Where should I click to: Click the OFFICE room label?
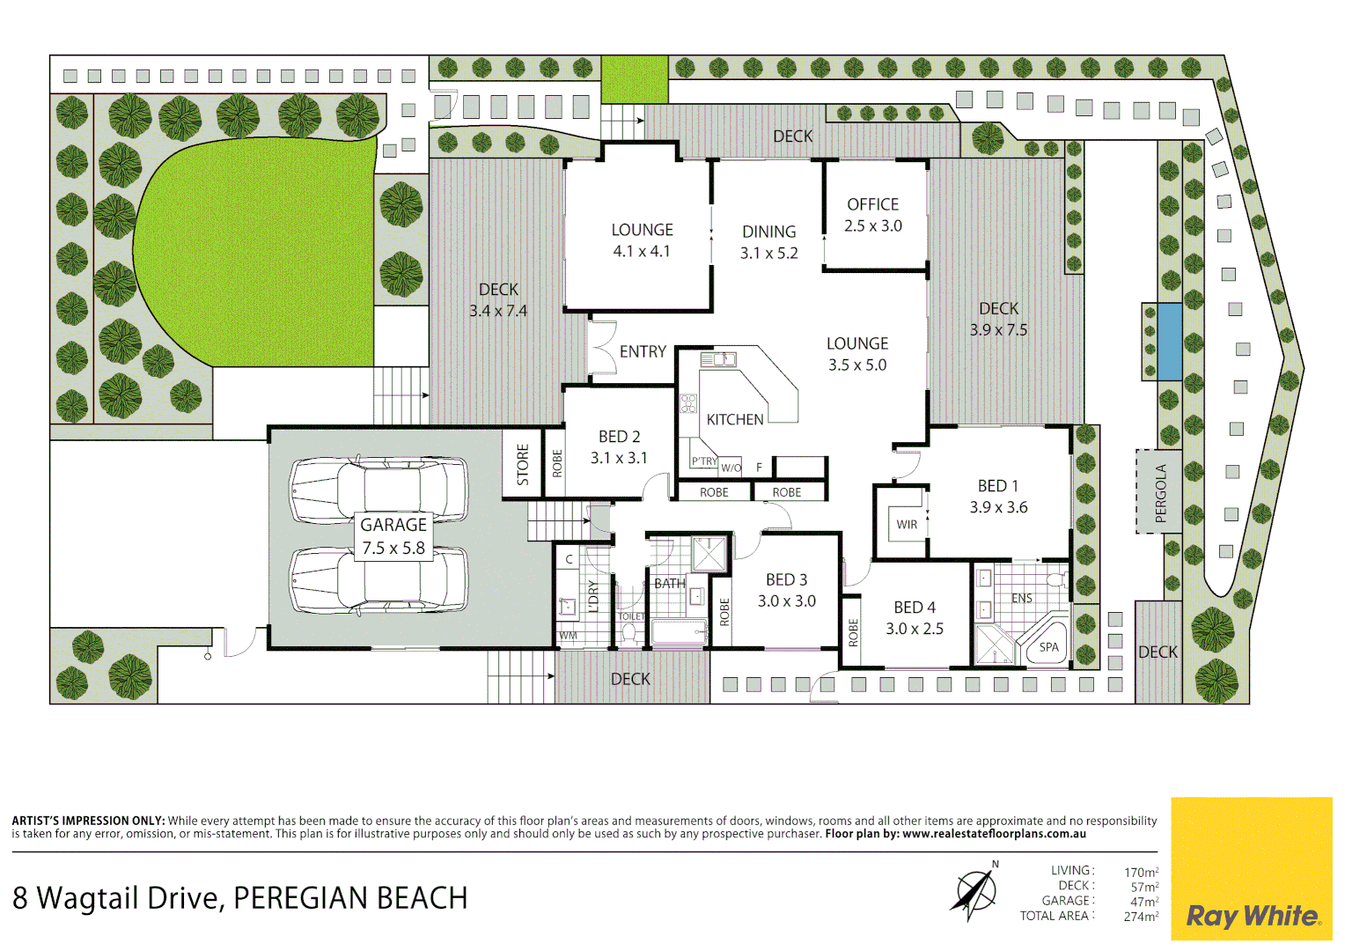[x=872, y=204]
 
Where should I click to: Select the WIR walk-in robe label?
[x=906, y=525]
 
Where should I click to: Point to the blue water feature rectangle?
[x=1169, y=342]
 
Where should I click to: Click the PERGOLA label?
[x=1160, y=492]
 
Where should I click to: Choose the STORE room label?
[x=522, y=464]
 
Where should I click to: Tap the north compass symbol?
[x=975, y=891]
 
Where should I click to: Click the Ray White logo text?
[x=1253, y=916]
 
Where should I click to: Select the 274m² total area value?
[x=1141, y=917]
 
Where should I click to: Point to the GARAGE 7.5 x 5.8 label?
[x=393, y=536]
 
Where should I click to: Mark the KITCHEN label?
[x=735, y=419]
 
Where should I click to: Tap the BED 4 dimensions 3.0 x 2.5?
[x=915, y=629]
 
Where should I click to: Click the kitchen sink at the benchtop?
[x=718, y=360]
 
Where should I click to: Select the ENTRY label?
[x=643, y=351]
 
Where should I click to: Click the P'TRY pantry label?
[x=704, y=461]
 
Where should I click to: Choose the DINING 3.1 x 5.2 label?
[x=768, y=242]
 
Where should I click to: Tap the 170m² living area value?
[x=1141, y=872]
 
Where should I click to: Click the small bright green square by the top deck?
[x=635, y=79]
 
